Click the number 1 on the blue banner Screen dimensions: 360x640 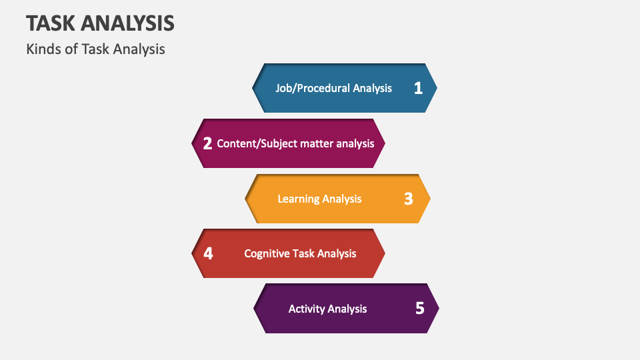[418, 88]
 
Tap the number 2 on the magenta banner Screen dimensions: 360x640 [207, 143]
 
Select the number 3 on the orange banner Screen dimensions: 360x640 [409, 199]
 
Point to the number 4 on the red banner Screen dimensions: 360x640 [208, 253]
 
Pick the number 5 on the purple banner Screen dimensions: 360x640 [419, 308]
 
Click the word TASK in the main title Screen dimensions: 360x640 [51, 23]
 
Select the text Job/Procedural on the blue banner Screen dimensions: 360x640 [313, 88]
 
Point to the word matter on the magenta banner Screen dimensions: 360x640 [316, 143]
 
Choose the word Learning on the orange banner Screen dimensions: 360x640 [298, 199]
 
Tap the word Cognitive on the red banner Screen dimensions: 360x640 [268, 253]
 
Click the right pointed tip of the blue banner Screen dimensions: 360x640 [436, 88]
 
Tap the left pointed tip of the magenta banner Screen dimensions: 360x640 [193, 143]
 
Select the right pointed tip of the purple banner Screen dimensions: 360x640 [438, 308]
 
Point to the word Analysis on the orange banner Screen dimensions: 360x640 [342, 199]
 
